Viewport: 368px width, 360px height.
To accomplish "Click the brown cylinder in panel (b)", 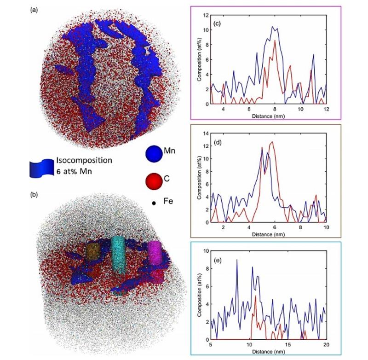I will (93, 254).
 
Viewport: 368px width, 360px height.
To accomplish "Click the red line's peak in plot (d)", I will (272, 142).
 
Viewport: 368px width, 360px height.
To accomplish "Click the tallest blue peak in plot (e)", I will (237, 260).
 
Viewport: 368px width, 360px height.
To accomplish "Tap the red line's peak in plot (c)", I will (275, 41).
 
